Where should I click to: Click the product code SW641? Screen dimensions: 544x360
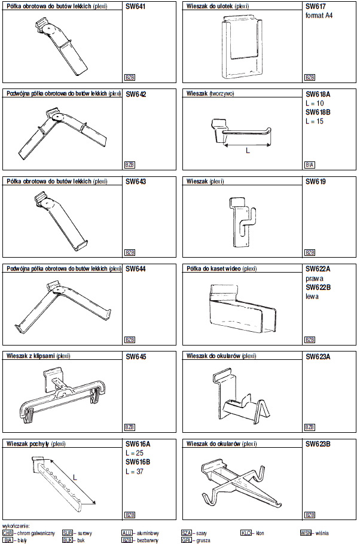pos(136,7)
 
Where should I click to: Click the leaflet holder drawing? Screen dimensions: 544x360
pos(243,45)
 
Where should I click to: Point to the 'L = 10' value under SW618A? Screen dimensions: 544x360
pos(315,103)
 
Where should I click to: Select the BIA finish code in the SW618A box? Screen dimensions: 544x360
pos(309,165)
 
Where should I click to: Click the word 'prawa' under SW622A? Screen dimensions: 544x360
pos(314,278)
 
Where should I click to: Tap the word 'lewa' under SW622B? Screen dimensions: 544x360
pos(312,296)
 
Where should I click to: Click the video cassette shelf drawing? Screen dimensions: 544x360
pos(242,308)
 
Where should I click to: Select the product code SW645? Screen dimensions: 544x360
pos(136,357)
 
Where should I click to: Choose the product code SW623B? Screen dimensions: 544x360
pos(318,444)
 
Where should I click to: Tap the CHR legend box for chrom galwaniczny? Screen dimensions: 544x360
pos(8,532)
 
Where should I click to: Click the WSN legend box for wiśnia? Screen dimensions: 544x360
pos(306,532)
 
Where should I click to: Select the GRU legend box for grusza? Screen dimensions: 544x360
pos(187,540)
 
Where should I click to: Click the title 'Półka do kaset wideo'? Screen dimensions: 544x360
pos(221,269)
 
